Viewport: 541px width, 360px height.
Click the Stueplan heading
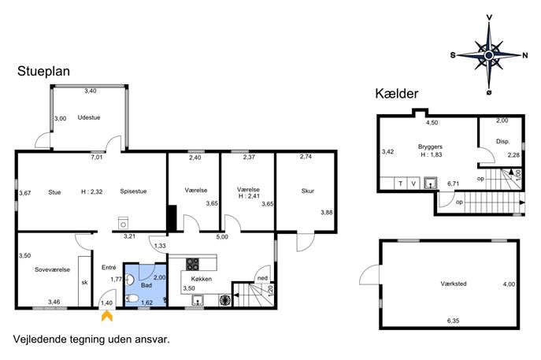43,72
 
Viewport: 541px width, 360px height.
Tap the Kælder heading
397,94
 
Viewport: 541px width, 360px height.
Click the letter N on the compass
525,55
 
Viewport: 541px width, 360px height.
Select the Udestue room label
89,117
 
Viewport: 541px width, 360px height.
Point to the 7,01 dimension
97,158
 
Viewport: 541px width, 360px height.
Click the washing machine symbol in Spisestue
123,223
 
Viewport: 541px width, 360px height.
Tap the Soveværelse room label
53,269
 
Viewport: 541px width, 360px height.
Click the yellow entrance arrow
107,316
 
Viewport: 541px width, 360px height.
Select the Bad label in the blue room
146,285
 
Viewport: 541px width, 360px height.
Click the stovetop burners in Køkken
192,264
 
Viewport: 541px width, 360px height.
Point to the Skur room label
308,191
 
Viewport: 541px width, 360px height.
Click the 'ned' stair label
262,278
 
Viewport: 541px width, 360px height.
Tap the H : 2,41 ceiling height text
248,196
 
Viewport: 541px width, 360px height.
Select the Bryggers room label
430,147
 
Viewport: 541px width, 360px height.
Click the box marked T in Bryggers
401,184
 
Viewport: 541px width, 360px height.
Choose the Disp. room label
503,142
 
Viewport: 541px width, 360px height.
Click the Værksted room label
454,284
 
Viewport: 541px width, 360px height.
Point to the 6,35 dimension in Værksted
454,321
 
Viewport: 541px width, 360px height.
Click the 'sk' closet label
84,282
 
